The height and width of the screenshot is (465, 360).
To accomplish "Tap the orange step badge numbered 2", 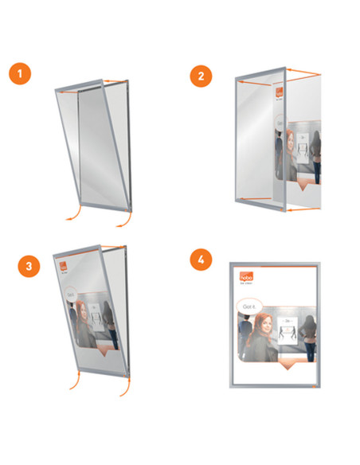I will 202,76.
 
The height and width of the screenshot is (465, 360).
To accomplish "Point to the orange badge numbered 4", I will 202,260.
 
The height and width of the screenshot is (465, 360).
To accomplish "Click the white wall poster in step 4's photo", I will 288,327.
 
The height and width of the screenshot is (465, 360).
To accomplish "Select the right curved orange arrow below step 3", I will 125,389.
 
